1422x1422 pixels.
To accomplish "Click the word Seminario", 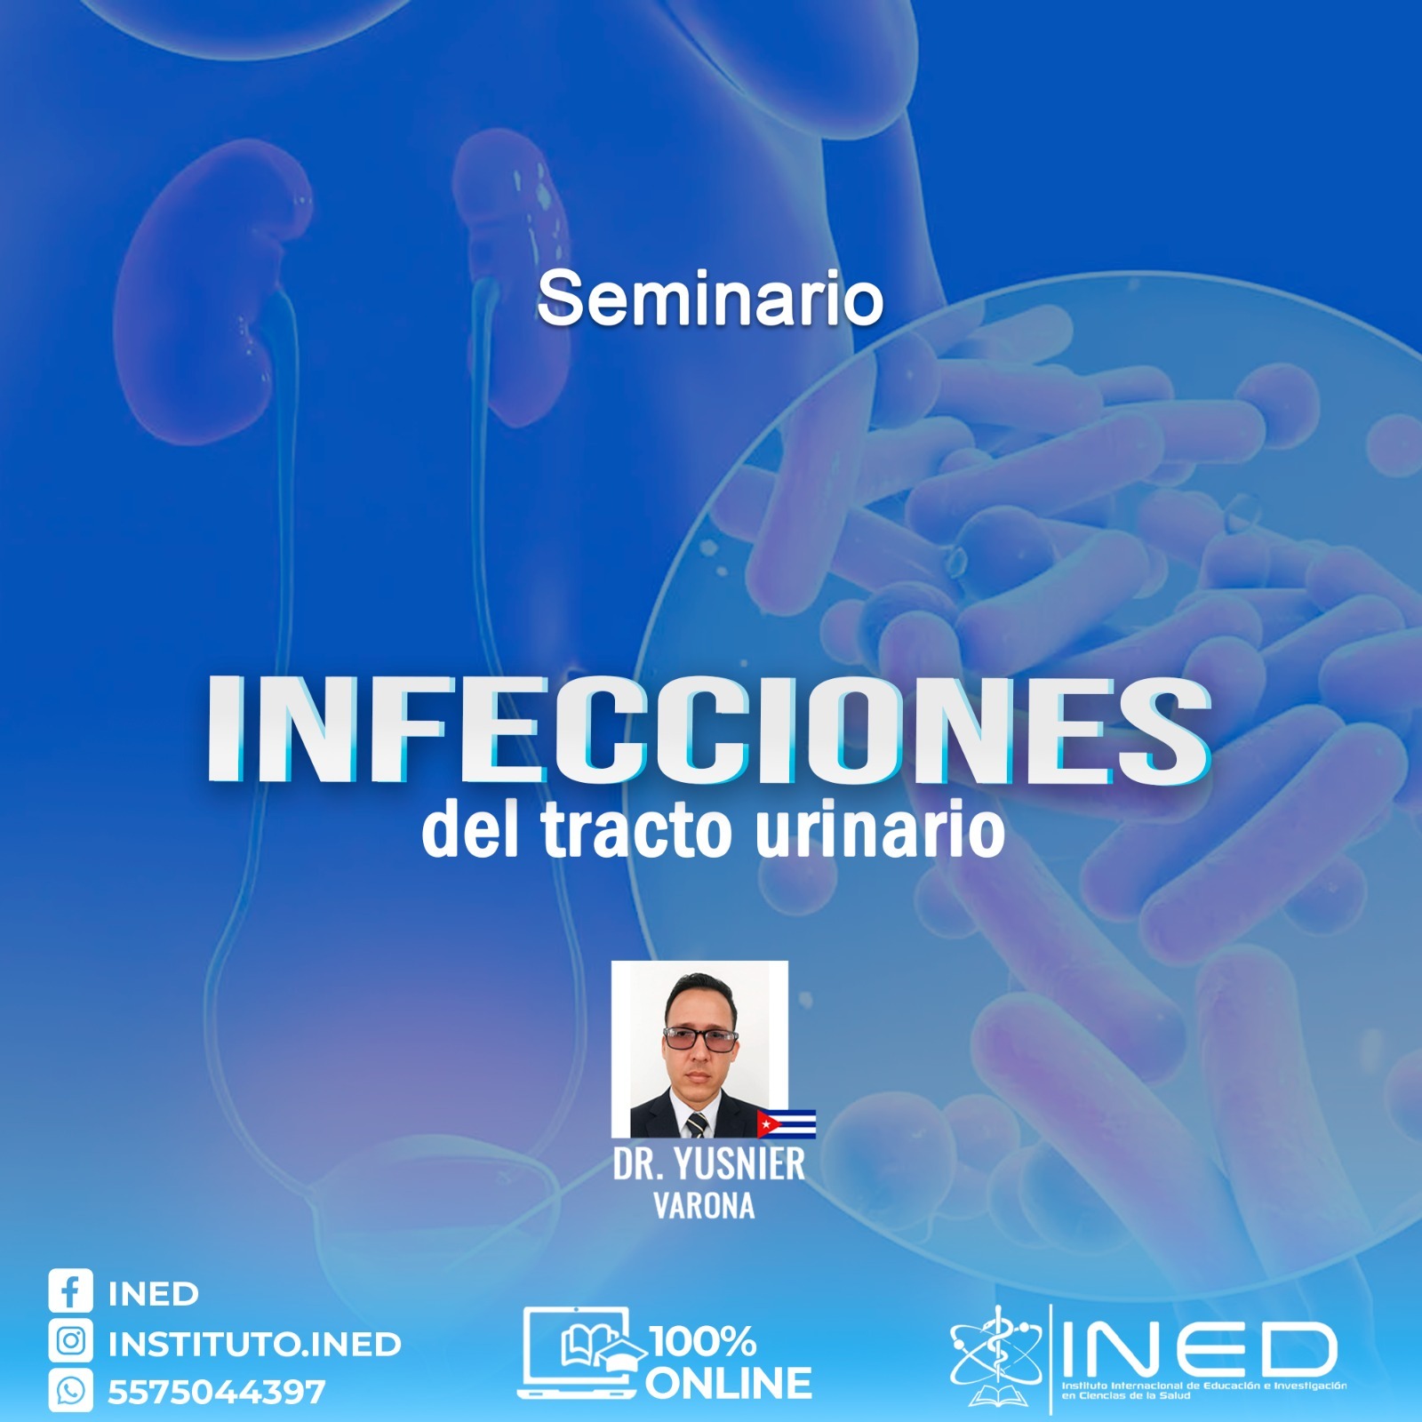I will point(709,299).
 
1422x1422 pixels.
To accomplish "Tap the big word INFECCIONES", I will point(709,731).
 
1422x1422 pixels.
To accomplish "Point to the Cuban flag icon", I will point(786,1123).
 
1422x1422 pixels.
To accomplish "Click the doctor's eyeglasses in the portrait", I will point(700,1037).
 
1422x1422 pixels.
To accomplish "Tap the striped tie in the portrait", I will point(697,1125).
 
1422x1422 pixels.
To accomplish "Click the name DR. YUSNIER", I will point(708,1164).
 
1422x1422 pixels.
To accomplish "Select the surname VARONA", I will point(704,1206).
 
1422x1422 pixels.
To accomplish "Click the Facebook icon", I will point(70,1291).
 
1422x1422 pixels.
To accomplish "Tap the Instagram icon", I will point(70,1341).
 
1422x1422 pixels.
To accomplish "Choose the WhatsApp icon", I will point(70,1391).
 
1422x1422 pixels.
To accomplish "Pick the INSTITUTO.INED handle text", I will point(254,1344).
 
